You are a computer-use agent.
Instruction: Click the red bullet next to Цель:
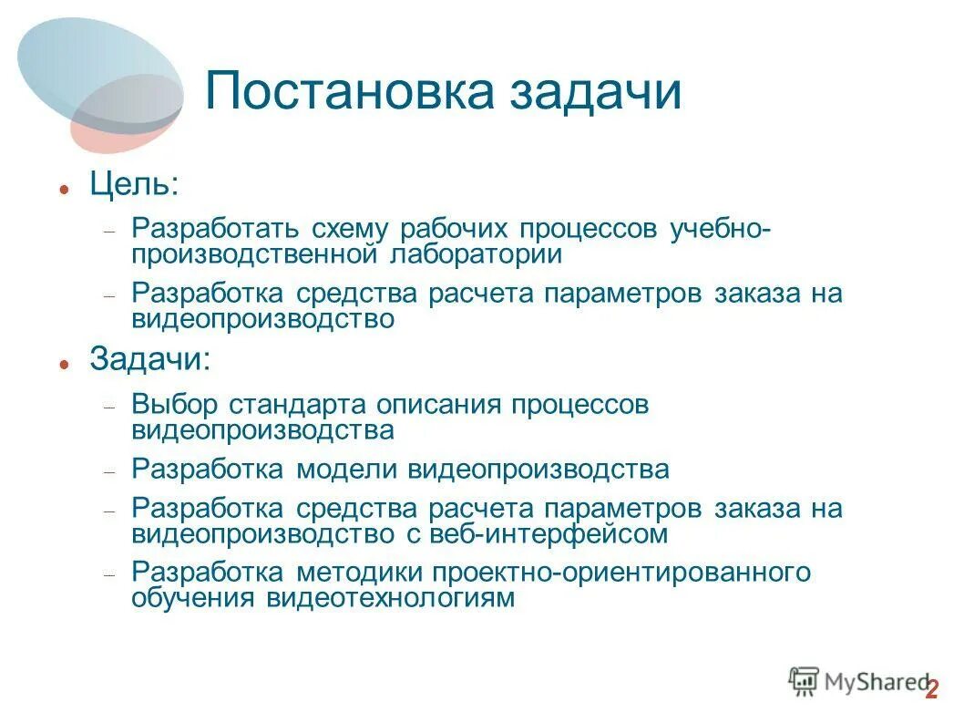64,190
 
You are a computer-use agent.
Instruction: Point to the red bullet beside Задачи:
64,363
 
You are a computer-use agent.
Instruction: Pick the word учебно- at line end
720,229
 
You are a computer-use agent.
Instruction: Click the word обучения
194,598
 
